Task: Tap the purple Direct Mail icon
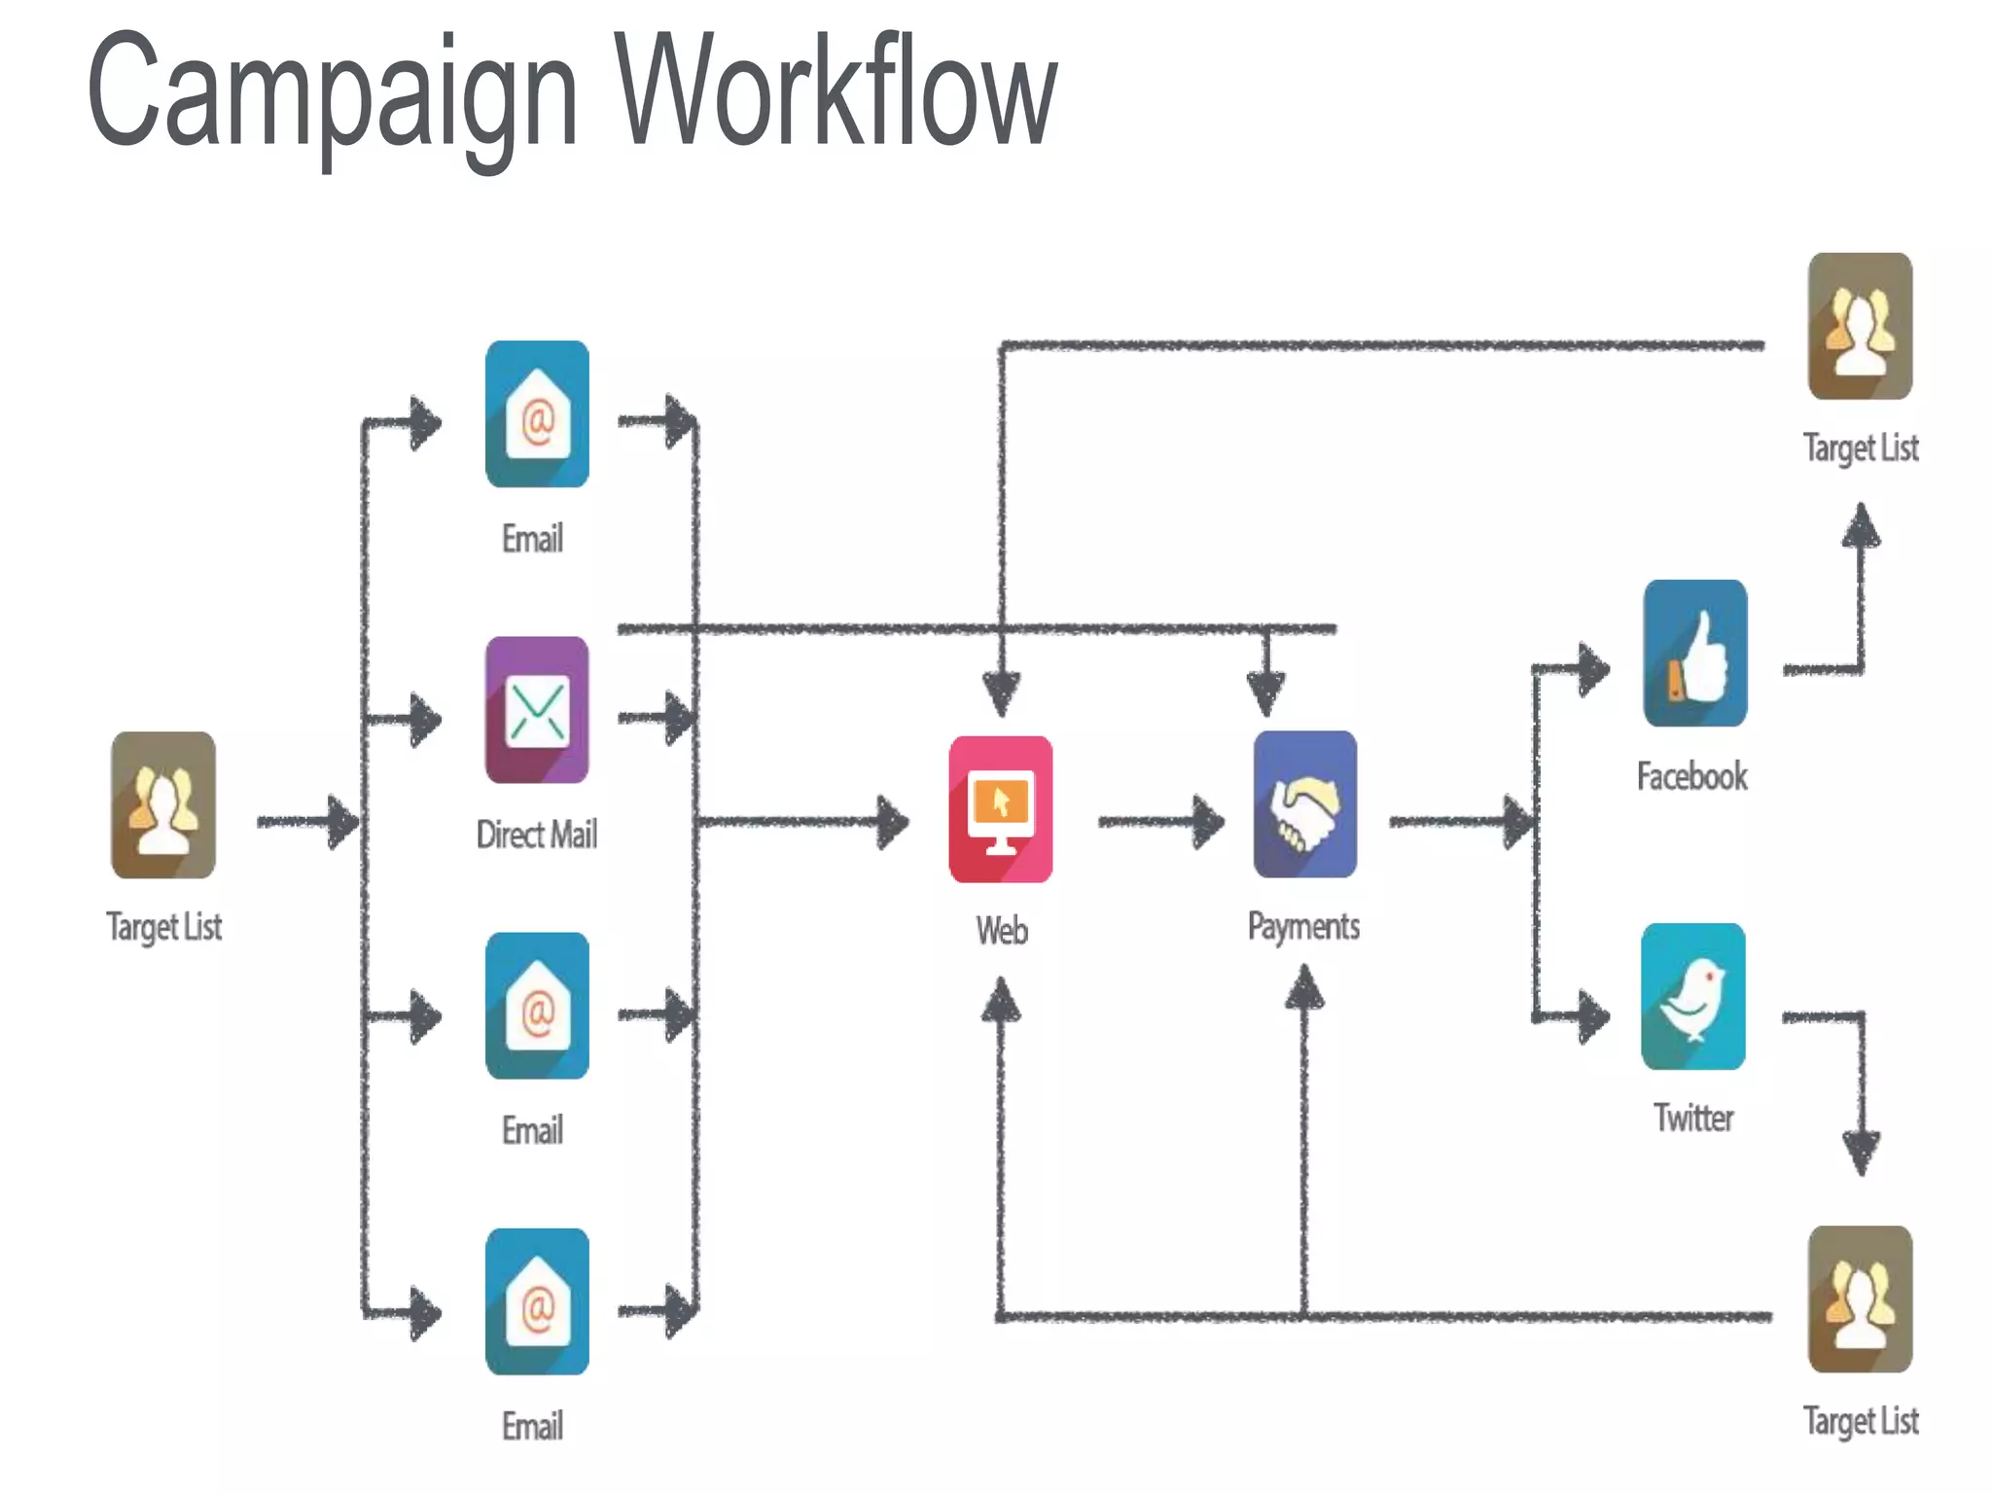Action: [537, 710]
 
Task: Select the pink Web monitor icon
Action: [1001, 809]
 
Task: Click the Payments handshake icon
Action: [1305, 804]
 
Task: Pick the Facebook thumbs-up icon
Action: [1695, 654]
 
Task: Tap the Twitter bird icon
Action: [1693, 997]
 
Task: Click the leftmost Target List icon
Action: [163, 805]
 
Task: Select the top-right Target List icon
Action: [1860, 327]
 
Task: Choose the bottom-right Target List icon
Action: [1860, 1299]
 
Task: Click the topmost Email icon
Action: [537, 414]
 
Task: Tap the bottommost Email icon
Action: [537, 1302]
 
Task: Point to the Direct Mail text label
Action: [537, 835]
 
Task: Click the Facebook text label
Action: [1692, 776]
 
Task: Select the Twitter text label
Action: [1693, 1118]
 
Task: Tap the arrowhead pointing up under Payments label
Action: [1304, 992]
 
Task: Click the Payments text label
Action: [1303, 926]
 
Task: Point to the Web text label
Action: [1002, 931]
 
